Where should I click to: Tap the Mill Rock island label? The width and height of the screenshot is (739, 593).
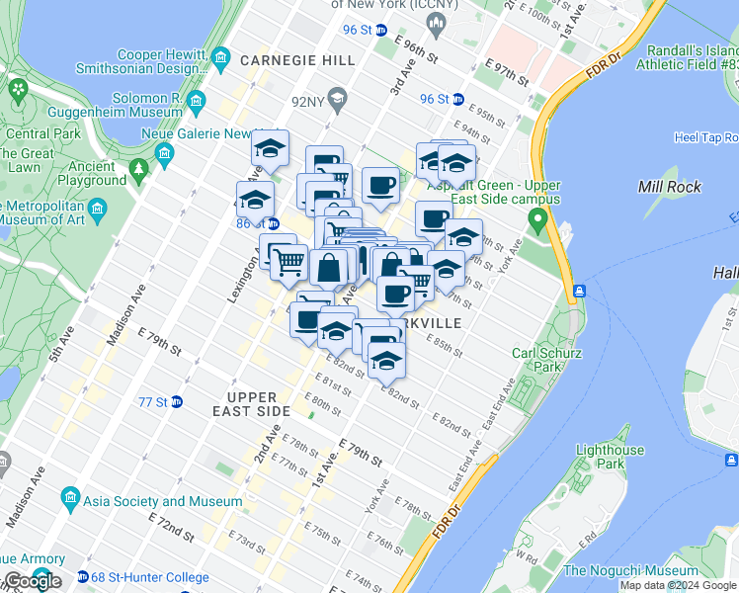669,187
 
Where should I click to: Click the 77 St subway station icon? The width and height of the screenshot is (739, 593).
176,402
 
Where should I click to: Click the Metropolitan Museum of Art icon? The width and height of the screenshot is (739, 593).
97,209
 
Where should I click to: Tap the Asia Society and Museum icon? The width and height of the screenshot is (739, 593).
69,495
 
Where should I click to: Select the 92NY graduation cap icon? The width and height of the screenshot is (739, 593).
338,99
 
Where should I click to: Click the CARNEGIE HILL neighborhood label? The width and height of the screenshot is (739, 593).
296,60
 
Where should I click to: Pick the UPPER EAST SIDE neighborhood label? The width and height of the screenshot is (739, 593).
250,404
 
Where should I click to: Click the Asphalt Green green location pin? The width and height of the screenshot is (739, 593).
537,219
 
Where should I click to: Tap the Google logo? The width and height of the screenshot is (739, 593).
32,580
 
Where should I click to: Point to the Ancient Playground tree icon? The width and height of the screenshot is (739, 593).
138,168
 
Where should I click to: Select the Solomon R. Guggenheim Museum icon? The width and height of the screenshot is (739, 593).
197,101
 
